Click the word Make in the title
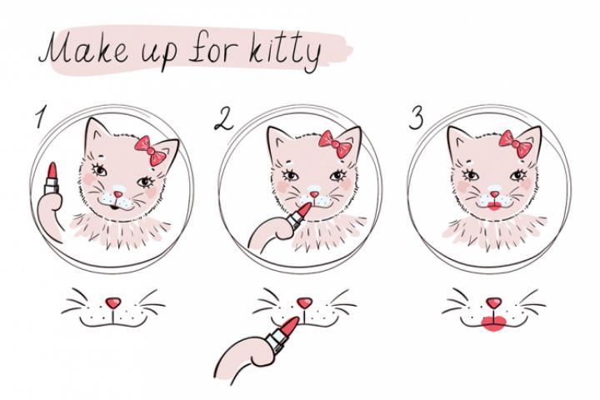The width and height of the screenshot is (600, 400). (x=84, y=48)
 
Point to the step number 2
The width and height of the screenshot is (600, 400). (x=223, y=119)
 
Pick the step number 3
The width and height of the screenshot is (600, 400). (x=417, y=117)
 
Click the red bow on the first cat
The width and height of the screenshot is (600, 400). (x=151, y=151)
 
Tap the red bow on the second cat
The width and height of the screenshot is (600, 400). (x=336, y=144)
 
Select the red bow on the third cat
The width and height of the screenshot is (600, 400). (x=515, y=143)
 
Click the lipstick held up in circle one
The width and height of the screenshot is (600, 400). (x=52, y=179)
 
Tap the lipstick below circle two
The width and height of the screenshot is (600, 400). (x=282, y=334)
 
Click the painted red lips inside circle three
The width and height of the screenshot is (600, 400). (x=494, y=207)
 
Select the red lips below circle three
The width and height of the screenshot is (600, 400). (x=494, y=322)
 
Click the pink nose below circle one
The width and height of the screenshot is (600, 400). (x=112, y=302)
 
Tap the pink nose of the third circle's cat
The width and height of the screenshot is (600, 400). (x=495, y=194)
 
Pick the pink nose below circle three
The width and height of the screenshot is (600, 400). (x=493, y=302)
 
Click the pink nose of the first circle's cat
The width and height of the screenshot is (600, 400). (x=118, y=194)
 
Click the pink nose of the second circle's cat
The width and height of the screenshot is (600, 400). (x=314, y=194)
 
